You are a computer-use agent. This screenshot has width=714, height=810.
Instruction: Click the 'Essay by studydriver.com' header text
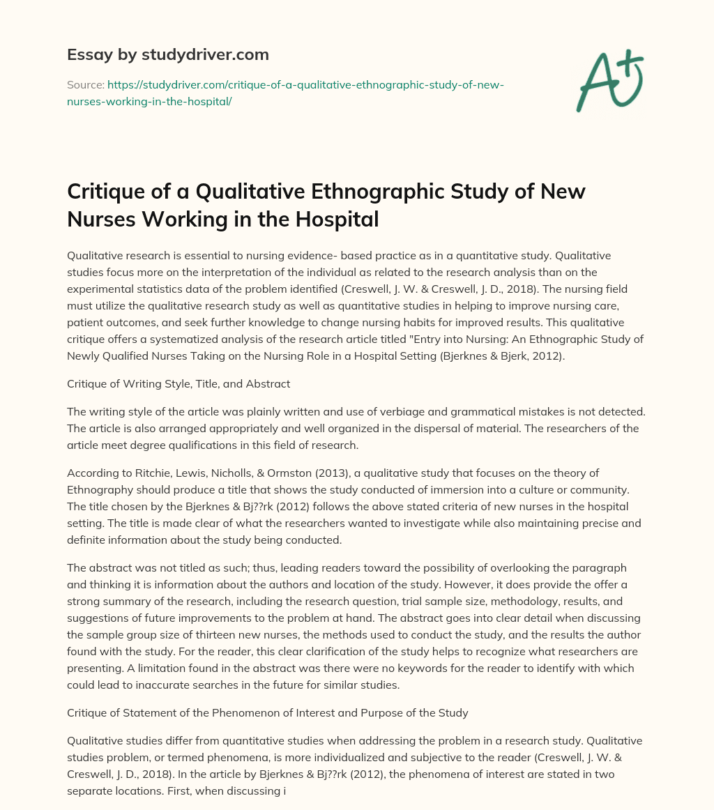167,54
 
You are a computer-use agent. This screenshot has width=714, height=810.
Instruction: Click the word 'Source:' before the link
85,84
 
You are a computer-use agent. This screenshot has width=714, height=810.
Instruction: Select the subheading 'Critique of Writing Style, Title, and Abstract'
178,383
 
